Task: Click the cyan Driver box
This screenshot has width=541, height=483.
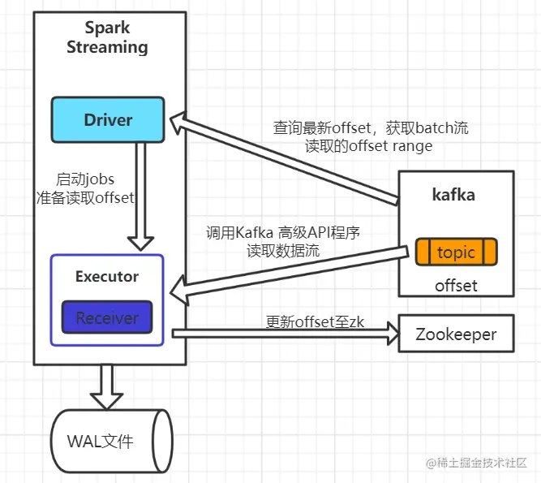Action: point(108,119)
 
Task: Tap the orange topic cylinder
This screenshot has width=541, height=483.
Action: point(456,252)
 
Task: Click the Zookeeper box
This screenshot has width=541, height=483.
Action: point(456,334)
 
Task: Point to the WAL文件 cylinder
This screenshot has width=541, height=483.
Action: point(111,442)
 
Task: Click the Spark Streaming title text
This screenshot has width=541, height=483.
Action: point(107,38)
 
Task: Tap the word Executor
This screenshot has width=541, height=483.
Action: point(107,277)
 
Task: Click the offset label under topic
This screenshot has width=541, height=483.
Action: point(456,286)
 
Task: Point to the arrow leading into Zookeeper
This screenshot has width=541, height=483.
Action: point(284,331)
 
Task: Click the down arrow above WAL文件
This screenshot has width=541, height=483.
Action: point(106,386)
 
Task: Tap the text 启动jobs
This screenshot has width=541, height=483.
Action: point(85,179)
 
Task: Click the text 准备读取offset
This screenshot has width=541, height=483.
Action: point(85,197)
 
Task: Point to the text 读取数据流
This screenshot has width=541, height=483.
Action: point(283,251)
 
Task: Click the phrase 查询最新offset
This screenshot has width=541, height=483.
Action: point(321,128)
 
